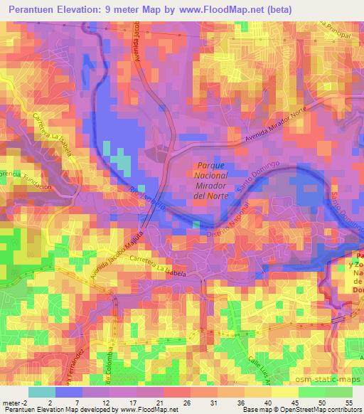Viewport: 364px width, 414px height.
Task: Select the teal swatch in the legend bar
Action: (42, 392)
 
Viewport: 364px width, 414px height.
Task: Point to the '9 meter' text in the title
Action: (136, 9)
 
